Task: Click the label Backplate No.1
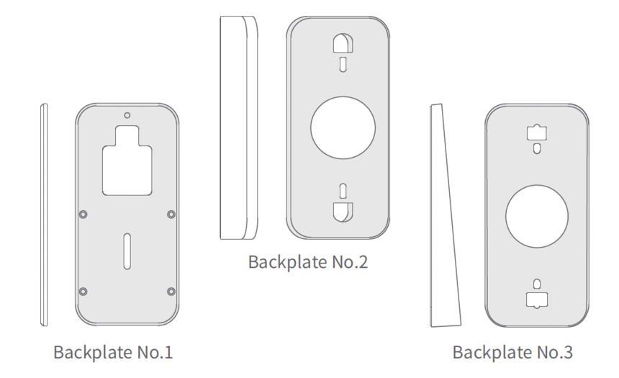coord(113,353)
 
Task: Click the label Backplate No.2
coord(307,261)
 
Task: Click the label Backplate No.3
coord(512,353)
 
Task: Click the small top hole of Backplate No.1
coord(127,114)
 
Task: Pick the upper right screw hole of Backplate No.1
coord(171,214)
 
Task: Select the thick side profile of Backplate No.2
coord(238,128)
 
